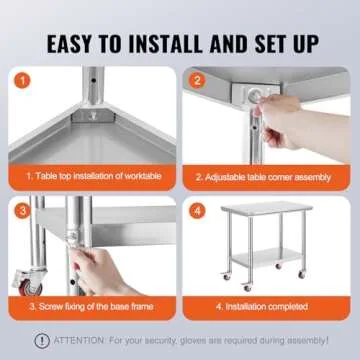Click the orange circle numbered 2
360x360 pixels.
click(x=198, y=80)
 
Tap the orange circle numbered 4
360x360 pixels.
click(x=198, y=211)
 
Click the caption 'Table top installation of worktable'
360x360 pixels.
click(x=96, y=176)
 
